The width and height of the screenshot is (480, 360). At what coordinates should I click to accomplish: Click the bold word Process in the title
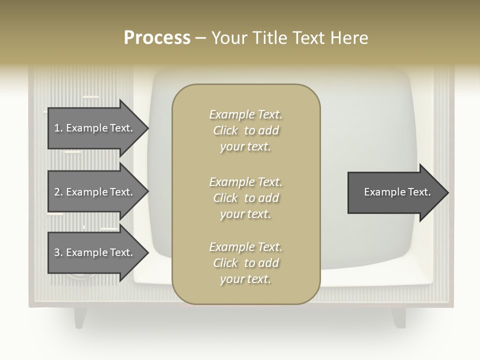tap(157, 38)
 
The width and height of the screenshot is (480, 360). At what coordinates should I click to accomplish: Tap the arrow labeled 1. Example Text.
tap(95, 128)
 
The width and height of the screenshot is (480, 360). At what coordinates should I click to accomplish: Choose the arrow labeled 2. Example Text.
tap(95, 192)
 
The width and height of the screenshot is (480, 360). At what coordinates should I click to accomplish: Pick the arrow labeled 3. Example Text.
tap(95, 252)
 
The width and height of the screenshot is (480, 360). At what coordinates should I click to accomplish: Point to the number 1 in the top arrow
tap(57, 128)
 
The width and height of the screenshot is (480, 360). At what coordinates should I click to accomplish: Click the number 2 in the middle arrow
tap(57, 192)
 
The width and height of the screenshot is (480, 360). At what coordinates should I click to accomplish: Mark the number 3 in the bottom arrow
tap(57, 252)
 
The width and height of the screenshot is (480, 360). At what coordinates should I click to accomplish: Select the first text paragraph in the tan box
tap(245, 130)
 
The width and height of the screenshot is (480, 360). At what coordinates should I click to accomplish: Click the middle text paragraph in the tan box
tap(245, 198)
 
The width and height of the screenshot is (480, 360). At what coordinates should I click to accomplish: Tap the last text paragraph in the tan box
tap(245, 263)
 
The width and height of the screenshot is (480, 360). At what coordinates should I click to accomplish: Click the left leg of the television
tap(80, 317)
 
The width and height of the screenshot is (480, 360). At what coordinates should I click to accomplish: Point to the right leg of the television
tap(399, 317)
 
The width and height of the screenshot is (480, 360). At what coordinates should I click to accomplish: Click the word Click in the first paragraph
tap(225, 130)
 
